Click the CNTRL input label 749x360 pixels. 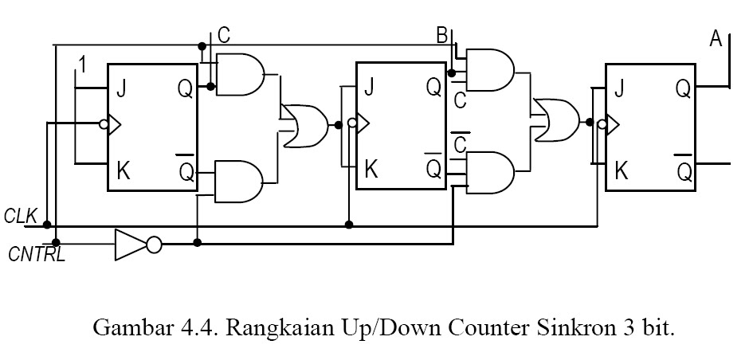[x=35, y=255]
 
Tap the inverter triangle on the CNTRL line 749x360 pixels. [x=131, y=245]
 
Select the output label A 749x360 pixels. [x=716, y=38]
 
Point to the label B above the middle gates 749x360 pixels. [x=441, y=35]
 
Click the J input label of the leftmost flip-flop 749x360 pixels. [x=121, y=89]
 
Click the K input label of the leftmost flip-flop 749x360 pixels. [x=123, y=170]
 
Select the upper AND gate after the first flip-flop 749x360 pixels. [x=241, y=75]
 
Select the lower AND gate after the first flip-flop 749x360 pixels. [x=241, y=181]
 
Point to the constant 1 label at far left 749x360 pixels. [x=80, y=64]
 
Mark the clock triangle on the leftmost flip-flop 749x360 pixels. [x=114, y=124]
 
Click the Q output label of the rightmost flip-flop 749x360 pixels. [x=683, y=88]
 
